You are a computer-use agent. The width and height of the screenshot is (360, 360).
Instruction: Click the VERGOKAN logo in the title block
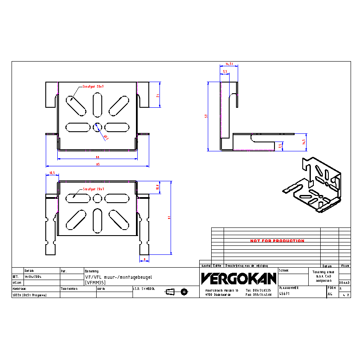coord(239,279)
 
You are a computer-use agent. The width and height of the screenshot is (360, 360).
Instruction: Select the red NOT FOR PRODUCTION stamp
coord(277,241)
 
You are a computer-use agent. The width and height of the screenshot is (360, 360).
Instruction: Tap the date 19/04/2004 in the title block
coord(33,277)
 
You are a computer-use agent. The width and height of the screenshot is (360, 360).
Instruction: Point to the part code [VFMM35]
coord(95,283)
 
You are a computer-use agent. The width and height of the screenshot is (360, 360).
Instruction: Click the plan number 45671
coord(284,294)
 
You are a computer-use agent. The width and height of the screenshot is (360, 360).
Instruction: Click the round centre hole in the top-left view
coord(97,127)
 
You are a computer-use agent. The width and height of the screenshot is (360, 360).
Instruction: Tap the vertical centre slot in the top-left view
coord(97,105)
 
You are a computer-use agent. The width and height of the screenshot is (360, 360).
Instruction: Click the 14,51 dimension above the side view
coord(229,64)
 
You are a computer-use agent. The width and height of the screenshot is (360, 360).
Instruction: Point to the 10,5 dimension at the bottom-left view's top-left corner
coord(52,173)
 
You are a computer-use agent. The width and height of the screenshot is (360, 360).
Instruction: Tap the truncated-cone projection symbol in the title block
coord(170,292)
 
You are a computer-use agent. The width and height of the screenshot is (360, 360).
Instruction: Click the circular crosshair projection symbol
coord(184,292)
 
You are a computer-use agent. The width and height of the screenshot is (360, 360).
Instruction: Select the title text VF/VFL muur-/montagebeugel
coord(118,277)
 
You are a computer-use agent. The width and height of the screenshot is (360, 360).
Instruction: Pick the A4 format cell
coord(330,294)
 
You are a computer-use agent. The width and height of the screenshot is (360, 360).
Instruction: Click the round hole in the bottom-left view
coord(97,198)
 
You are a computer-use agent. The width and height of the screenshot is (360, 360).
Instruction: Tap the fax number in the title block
coord(259,295)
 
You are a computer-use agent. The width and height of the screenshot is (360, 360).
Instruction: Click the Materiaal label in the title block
coord(20,289)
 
